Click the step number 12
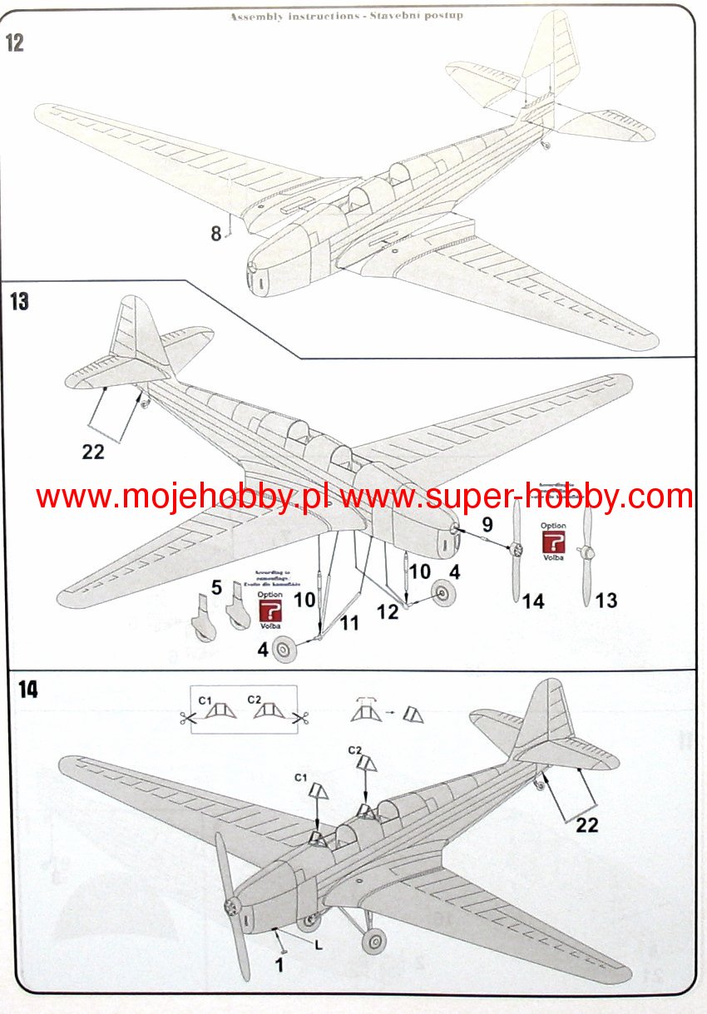tap(15, 44)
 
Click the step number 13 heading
tap(18, 301)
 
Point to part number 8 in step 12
tap(215, 234)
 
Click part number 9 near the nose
tap(487, 524)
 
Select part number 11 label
tap(349, 622)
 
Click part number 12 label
tap(387, 612)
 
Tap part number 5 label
tap(216, 588)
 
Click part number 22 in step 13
tap(93, 450)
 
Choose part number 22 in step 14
tap(586, 825)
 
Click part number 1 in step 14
tap(279, 965)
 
